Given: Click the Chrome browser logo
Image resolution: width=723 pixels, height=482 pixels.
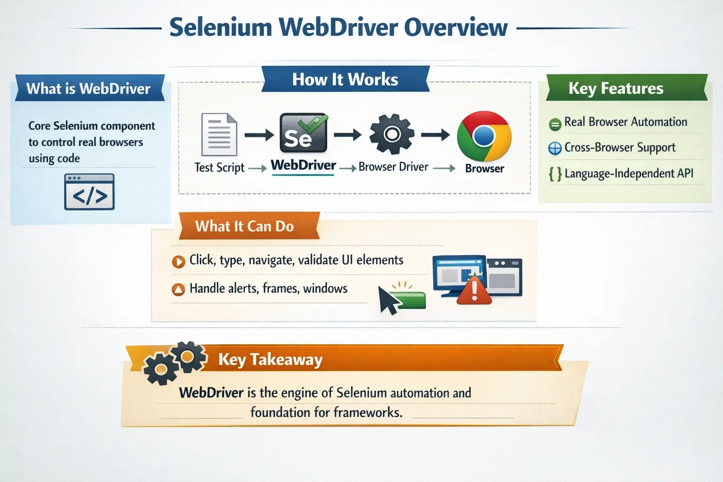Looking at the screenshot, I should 484,137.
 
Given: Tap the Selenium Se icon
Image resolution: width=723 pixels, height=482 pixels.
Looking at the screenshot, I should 304,133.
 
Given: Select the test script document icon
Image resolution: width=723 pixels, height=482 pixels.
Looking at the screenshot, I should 219,135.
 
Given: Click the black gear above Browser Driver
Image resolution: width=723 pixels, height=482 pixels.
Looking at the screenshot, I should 392,135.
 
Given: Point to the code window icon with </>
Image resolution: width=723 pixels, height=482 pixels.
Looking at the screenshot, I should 89,192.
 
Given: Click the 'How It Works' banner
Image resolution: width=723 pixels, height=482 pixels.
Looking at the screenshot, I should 345,79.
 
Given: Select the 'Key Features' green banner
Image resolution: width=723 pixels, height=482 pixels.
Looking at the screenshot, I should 616,88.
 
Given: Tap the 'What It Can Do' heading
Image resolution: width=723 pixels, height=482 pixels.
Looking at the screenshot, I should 244,226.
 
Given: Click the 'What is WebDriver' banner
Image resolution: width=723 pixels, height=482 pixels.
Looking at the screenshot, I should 88,88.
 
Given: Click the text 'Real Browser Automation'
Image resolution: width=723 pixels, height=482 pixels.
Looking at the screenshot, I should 626,122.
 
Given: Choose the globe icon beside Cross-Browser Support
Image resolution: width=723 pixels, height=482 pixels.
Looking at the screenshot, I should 555,148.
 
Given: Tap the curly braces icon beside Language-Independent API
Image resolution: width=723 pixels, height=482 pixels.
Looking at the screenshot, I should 555,174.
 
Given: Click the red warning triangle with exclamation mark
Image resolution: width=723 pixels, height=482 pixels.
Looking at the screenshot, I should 474,290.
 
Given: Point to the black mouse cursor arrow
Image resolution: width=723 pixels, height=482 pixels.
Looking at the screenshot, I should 388,300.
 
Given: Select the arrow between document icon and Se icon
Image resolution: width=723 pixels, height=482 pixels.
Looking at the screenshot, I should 259,136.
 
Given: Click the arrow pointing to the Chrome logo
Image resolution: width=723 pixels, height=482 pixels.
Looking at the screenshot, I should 435,136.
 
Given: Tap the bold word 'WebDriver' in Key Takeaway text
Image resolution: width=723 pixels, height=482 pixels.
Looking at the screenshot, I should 211,393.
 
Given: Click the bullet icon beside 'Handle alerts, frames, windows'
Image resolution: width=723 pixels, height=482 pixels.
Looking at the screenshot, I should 178,289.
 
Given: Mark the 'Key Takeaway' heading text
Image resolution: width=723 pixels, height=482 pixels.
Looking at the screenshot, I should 270,360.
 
